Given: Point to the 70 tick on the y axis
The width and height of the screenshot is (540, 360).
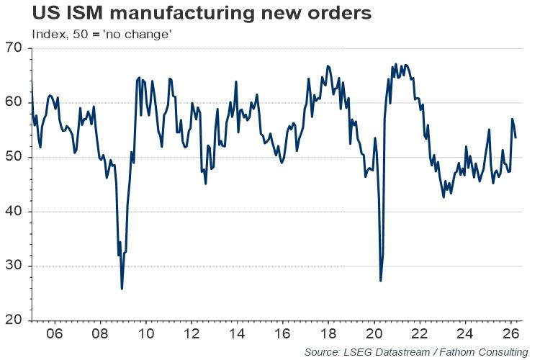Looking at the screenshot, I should (x=15, y=49).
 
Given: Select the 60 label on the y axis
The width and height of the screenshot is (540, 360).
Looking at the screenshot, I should (x=15, y=103).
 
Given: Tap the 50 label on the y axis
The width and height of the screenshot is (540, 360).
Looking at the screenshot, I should (x=15, y=158).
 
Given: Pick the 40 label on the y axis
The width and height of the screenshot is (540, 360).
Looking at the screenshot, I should (x=15, y=212).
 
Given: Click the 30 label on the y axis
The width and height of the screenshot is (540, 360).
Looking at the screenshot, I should (x=15, y=266).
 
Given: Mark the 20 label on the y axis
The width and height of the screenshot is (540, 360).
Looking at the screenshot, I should (x=15, y=320).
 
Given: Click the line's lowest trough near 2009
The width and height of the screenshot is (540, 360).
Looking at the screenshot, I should (x=122, y=289).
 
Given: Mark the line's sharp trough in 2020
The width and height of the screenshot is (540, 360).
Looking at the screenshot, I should (x=381, y=280).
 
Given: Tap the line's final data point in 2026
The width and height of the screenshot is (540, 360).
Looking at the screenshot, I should (x=516, y=138).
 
